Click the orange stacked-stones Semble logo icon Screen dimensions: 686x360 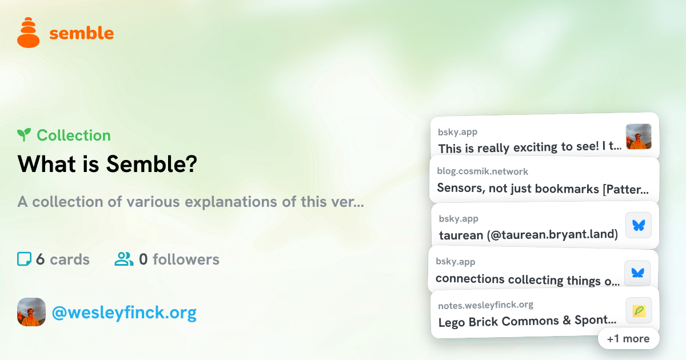28,33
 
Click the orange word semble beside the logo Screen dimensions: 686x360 81,33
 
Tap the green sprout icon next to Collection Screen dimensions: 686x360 24,135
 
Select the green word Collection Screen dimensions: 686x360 74,135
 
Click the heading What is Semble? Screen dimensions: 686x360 107,164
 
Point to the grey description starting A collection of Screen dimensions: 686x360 190,202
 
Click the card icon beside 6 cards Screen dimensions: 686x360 24,259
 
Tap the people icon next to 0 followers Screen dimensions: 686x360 123,259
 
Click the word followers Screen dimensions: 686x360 186,259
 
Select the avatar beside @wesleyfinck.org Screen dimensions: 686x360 31,312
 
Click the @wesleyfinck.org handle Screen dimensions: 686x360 125,313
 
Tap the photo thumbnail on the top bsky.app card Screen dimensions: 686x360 639,137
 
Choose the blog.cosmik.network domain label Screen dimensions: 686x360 482,171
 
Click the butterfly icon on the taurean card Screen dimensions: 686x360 639,225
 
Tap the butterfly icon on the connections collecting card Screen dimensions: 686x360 637,273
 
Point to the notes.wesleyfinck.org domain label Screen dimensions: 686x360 486,305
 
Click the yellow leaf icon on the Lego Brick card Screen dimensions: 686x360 639,310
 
